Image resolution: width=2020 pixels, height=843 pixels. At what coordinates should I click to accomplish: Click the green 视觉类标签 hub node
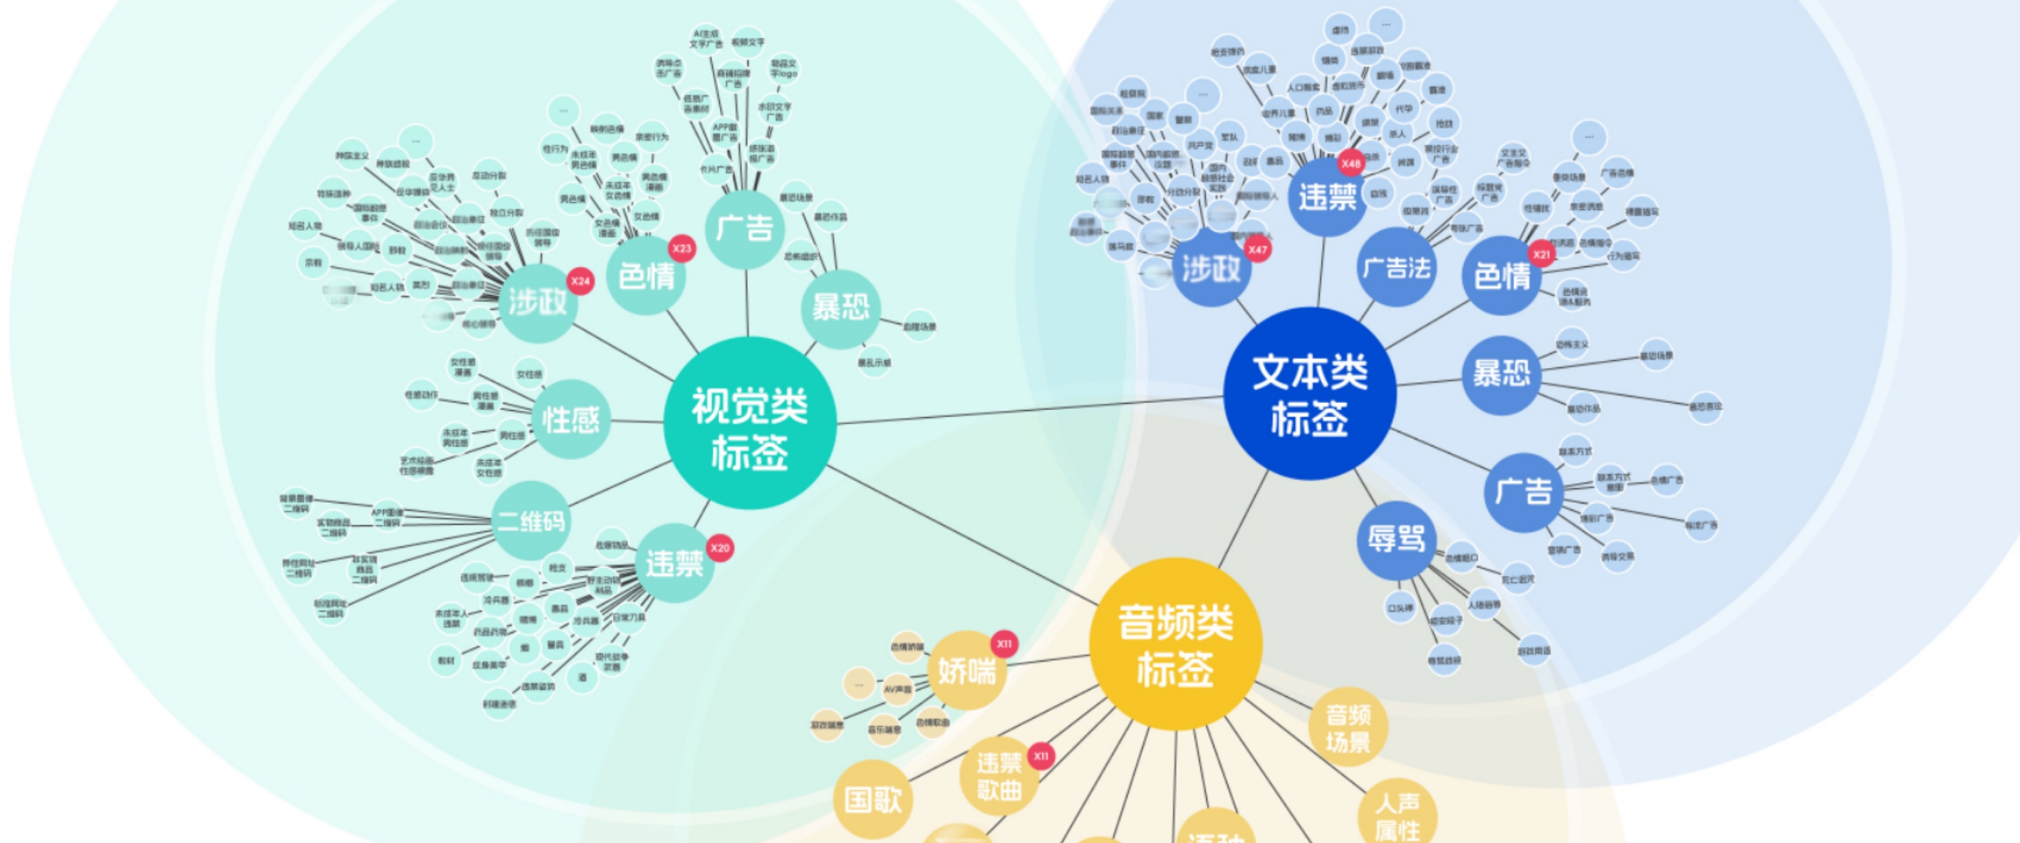point(749,424)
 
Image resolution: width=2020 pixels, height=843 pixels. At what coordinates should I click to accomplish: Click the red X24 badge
point(580,281)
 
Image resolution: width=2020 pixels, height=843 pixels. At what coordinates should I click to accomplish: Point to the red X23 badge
point(682,249)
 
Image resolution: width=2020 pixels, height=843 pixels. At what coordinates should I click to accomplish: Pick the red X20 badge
point(719,548)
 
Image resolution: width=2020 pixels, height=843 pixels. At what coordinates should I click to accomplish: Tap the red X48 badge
point(1350,164)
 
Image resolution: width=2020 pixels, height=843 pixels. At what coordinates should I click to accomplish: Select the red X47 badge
point(1257,250)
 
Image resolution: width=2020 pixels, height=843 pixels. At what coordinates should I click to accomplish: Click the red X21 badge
point(1541,254)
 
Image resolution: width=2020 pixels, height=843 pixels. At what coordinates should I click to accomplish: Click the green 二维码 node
point(531,520)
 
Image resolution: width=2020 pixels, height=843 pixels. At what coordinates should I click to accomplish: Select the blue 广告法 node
point(1396,268)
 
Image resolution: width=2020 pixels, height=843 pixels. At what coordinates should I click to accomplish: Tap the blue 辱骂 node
point(1396,540)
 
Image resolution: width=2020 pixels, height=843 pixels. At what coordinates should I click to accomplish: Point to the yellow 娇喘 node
point(966,671)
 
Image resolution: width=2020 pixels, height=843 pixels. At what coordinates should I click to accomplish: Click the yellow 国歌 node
point(872,800)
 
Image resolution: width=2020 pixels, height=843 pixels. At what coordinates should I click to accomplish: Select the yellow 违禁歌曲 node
point(998,776)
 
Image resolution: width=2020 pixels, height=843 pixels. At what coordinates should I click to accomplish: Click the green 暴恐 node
point(840,308)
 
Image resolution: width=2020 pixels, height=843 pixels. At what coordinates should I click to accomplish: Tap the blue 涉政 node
point(1212,269)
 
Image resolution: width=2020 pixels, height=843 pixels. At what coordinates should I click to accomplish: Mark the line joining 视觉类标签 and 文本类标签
point(1027,410)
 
